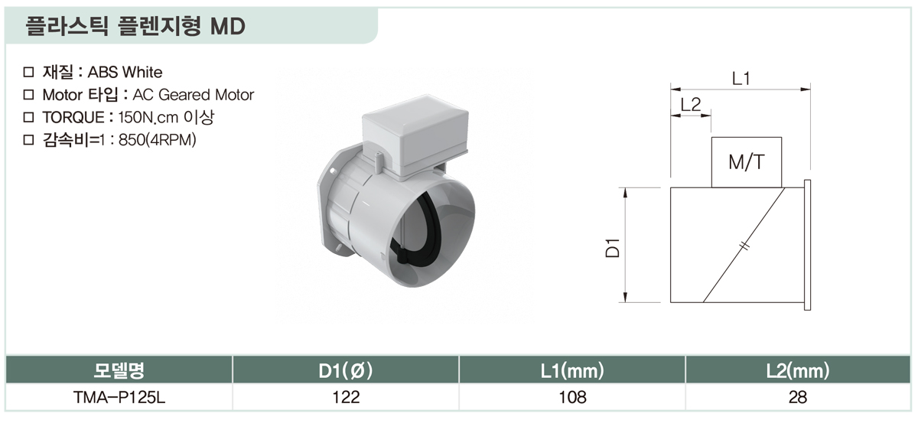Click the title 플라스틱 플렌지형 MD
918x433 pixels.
click(135, 26)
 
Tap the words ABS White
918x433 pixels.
click(125, 72)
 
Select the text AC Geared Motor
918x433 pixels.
click(194, 95)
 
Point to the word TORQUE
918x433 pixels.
click(73, 118)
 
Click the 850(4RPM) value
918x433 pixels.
click(158, 140)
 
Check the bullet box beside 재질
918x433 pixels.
click(29, 72)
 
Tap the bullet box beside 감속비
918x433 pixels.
click(29, 140)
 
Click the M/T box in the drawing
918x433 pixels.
click(747, 162)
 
